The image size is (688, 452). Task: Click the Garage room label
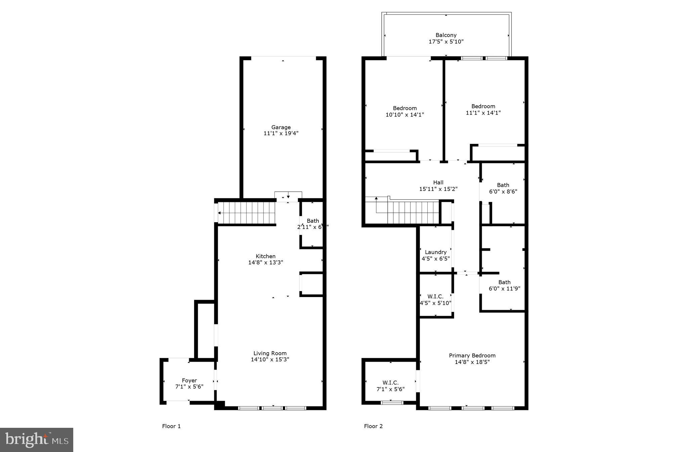281,127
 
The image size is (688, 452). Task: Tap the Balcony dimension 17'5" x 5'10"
446,42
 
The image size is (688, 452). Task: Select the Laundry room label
435,252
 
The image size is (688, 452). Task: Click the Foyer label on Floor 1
189,380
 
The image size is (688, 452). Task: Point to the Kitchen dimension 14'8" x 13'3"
265,262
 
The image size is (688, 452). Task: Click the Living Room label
270,353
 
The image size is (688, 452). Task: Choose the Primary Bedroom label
472,356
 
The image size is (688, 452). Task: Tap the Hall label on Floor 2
438,182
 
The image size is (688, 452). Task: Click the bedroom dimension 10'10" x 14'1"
404,115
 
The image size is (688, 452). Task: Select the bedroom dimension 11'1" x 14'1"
483,113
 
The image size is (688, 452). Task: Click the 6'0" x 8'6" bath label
503,185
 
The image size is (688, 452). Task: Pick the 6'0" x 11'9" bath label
504,282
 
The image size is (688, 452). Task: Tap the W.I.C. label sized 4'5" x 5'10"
435,296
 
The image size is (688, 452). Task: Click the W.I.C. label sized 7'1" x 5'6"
390,383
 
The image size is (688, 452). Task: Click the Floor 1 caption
171,426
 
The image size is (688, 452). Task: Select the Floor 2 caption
373,426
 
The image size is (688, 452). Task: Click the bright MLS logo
37,440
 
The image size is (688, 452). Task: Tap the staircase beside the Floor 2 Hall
413,212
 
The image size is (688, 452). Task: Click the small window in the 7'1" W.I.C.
392,402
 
